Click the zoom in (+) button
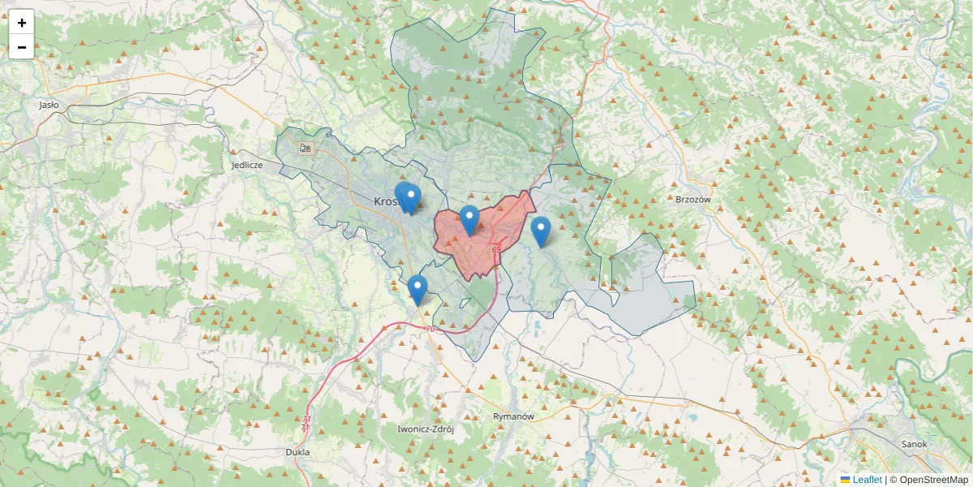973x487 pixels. (x=22, y=23)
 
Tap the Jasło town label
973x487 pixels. (x=49, y=105)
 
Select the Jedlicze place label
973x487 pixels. (x=247, y=165)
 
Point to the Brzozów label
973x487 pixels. (x=692, y=199)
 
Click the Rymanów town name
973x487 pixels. (x=514, y=416)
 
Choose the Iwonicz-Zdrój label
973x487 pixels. (x=426, y=429)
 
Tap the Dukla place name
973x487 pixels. (x=298, y=452)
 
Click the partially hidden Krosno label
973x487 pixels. (x=384, y=201)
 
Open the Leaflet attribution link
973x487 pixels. (x=867, y=480)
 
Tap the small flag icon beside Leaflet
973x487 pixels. (x=845, y=480)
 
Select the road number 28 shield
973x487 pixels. (x=305, y=148)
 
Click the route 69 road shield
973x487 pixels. (x=495, y=249)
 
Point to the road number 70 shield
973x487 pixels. (x=429, y=329)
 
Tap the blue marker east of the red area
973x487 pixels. (x=541, y=231)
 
